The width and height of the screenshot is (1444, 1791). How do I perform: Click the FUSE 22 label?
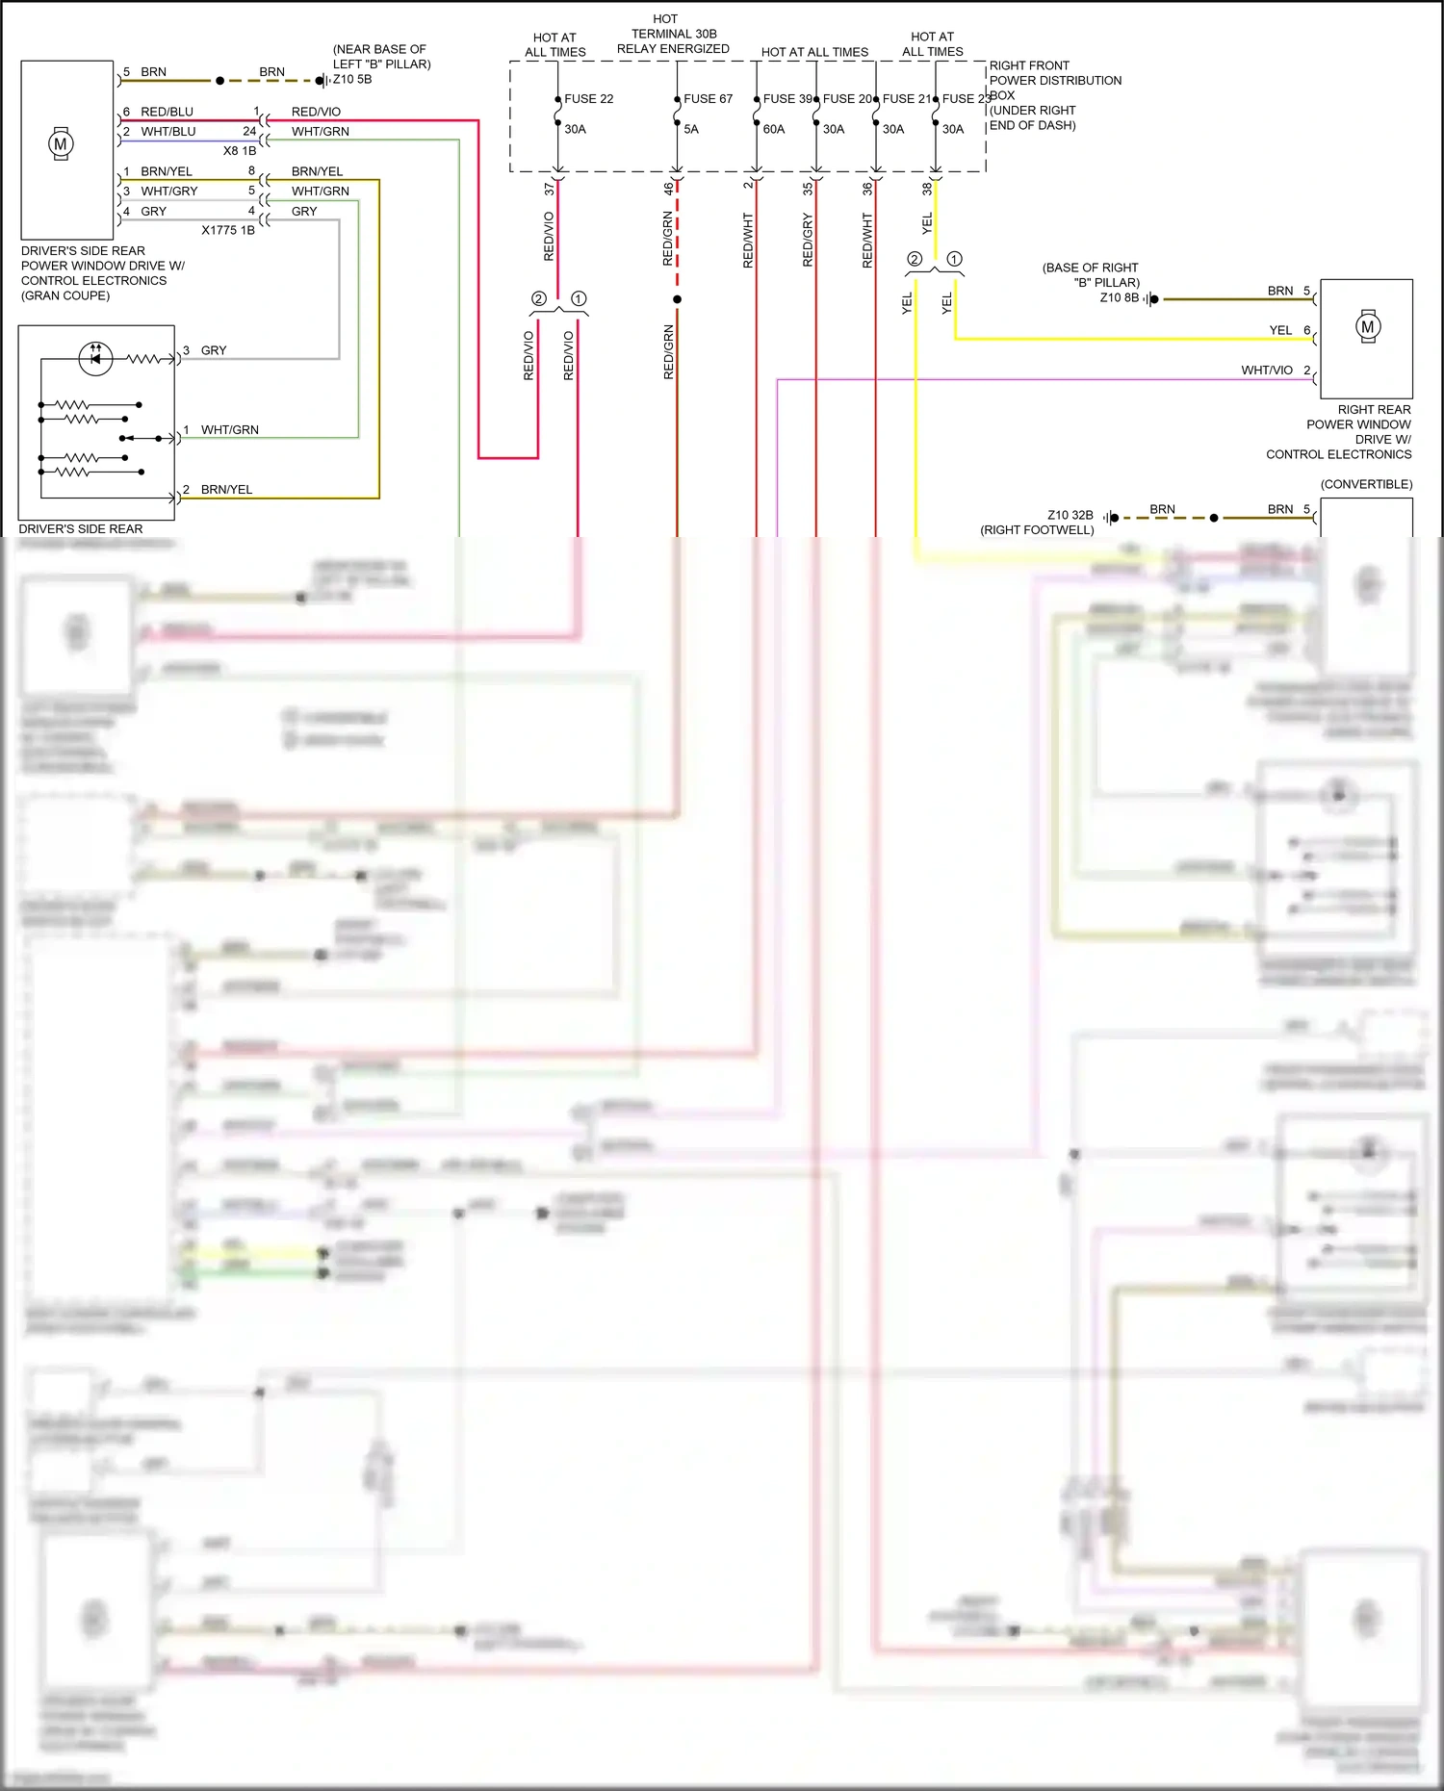pos(588,99)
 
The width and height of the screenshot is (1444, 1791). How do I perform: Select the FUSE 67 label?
pos(708,99)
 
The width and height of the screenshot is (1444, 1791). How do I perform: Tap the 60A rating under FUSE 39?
pos(773,129)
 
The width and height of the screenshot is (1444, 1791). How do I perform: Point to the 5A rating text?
pos(690,129)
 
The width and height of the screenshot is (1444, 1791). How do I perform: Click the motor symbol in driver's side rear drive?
pos(61,144)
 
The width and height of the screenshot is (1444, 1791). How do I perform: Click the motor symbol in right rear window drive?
pos(1367,327)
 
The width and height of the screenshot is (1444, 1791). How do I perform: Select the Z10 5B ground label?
pos(352,80)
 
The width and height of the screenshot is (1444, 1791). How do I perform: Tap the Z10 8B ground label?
pos(1119,298)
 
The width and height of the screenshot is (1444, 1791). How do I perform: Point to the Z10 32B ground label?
pos(1070,516)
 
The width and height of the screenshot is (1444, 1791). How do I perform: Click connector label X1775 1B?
pos(228,231)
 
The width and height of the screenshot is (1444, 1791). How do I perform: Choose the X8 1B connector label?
pos(240,151)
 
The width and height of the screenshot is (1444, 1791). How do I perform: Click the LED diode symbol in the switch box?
pos(95,358)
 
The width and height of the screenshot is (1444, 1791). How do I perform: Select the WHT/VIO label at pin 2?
pos(1266,371)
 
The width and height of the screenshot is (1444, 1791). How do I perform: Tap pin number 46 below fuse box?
pos(668,189)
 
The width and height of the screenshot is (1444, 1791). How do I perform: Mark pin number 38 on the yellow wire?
pos(927,189)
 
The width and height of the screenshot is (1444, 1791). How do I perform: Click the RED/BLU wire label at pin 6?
pos(167,113)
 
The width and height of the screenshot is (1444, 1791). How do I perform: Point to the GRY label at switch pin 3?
pos(214,350)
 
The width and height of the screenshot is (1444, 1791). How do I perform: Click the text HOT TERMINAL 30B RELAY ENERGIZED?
pos(673,34)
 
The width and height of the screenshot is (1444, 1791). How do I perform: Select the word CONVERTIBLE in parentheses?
pos(1366,484)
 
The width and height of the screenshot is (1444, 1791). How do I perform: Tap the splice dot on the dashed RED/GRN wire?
pos(677,299)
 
